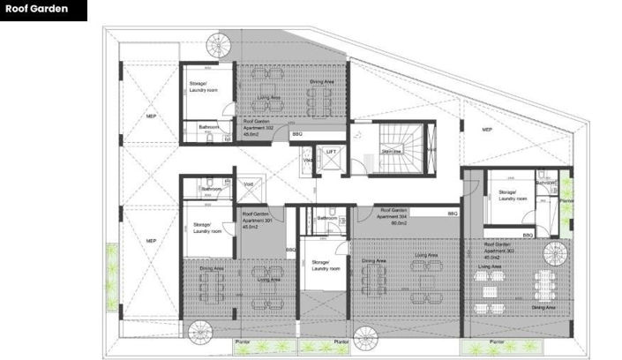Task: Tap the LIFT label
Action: point(331,152)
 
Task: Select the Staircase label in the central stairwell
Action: point(391,151)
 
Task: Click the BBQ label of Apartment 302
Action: point(296,134)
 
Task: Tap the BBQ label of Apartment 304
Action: point(453,214)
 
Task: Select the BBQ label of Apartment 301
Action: point(290,251)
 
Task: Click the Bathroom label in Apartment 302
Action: point(208,126)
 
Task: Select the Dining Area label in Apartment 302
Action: point(321,82)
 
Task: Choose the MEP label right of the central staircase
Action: point(486,130)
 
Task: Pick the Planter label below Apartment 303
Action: point(497,341)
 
